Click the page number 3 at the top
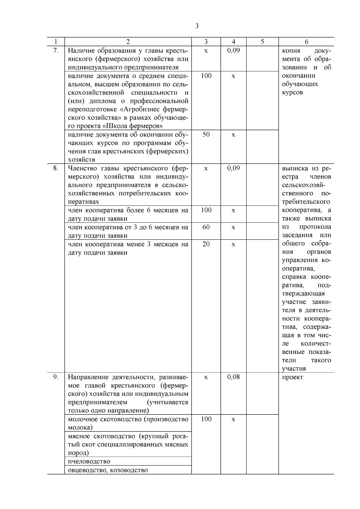(x=197, y=26)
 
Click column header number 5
(x=262, y=42)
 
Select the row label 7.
(x=55, y=51)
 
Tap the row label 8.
(x=55, y=168)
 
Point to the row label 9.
(x=55, y=377)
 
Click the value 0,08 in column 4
(x=233, y=377)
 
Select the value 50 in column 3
(x=206, y=135)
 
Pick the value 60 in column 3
(x=206, y=227)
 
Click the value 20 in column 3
(x=206, y=244)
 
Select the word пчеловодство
(x=89, y=461)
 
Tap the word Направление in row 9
(x=88, y=377)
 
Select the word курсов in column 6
(x=292, y=92)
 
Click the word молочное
(x=82, y=419)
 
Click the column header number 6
(x=306, y=42)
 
